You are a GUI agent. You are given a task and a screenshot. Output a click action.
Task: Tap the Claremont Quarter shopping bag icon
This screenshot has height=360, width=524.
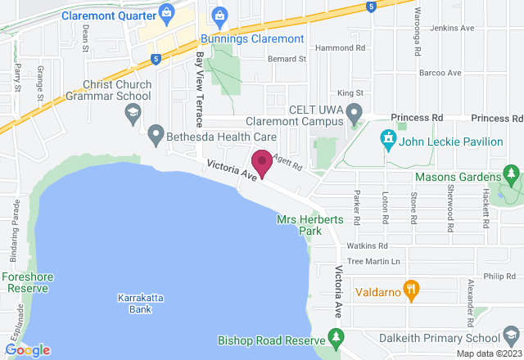[x=167, y=12]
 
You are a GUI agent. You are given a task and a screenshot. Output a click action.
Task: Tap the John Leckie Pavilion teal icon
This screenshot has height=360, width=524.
[x=389, y=141]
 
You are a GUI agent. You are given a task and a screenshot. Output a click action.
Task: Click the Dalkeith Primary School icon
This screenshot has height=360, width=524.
[x=512, y=338]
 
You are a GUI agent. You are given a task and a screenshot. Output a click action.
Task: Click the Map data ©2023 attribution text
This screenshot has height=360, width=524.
[x=488, y=353]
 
